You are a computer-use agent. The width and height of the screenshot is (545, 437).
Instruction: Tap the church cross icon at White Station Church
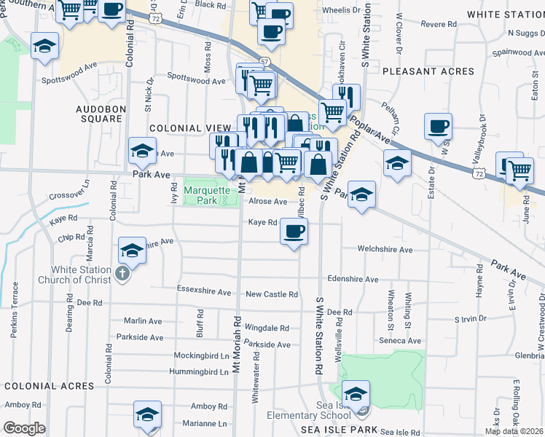click(x=122, y=275)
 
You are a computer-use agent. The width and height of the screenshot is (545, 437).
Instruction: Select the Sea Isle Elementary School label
click(x=353, y=416)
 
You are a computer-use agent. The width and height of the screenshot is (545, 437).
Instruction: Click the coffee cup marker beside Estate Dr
click(x=438, y=126)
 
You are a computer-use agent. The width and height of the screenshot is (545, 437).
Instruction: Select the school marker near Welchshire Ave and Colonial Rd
click(x=133, y=251)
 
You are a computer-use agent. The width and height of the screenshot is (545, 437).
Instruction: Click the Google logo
click(x=25, y=428)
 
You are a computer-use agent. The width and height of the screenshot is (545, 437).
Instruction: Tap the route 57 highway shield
click(x=264, y=62)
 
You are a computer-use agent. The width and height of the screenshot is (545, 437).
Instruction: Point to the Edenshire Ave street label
click(x=353, y=279)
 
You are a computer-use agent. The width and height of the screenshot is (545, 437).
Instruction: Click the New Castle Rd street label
click(x=271, y=294)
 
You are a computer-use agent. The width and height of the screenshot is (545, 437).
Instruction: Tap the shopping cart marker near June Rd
click(x=519, y=170)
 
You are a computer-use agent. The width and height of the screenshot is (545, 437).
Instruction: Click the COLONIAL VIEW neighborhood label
click(x=185, y=128)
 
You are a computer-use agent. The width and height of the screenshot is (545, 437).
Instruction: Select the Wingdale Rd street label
click(x=267, y=328)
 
